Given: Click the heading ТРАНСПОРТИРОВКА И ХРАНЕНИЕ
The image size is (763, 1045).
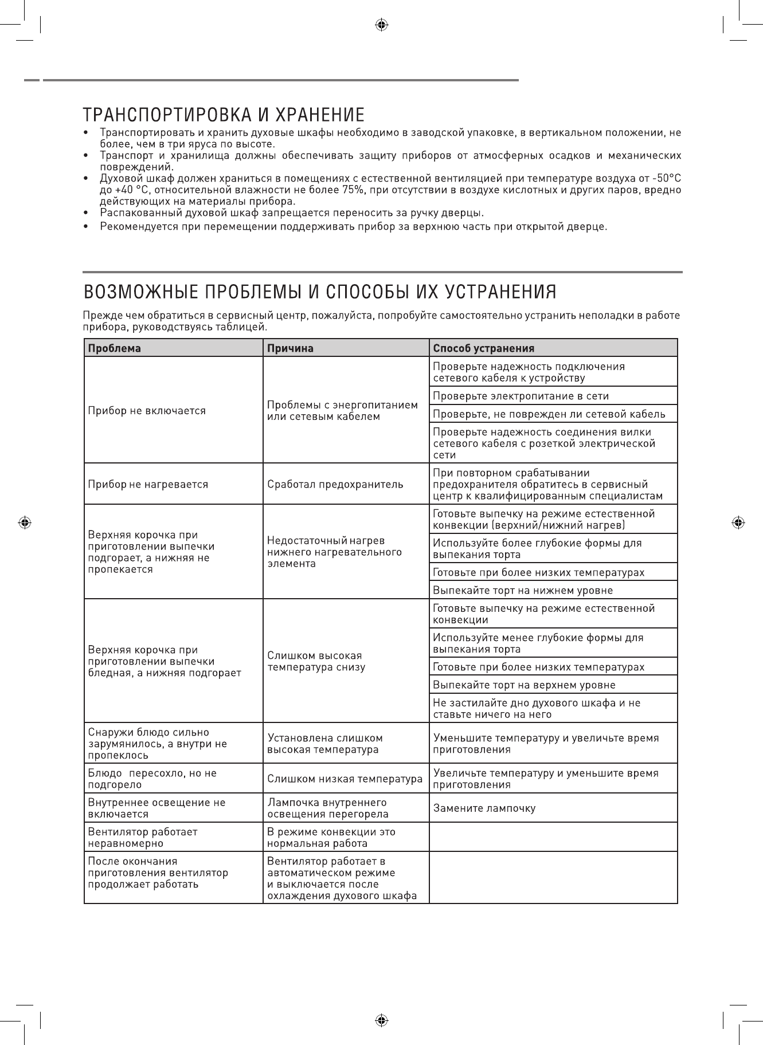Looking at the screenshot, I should (224, 114).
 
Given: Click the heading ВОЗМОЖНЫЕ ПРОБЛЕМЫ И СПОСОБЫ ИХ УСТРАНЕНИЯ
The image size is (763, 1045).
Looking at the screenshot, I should (320, 292).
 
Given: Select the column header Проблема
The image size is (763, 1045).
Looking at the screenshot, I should (114, 348).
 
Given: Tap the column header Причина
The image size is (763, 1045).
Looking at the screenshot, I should (291, 348).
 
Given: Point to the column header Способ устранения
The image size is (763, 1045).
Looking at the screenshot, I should (484, 348).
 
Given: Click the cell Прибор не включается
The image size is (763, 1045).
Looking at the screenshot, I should (147, 411).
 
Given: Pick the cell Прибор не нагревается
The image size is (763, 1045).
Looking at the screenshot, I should (148, 484).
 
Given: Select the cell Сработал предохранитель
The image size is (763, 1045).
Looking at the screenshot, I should (335, 484).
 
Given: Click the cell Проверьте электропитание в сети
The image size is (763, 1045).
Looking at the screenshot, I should (521, 396).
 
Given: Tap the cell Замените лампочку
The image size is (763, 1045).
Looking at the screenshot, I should (484, 808).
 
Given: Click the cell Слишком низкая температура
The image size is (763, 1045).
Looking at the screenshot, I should (345, 779).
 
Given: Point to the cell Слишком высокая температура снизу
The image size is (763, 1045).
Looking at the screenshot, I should (316, 661).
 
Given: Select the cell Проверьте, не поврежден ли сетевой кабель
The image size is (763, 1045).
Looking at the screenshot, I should (549, 414).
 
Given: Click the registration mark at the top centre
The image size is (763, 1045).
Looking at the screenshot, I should (381, 25).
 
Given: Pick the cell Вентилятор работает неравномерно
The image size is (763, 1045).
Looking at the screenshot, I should (143, 837).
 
